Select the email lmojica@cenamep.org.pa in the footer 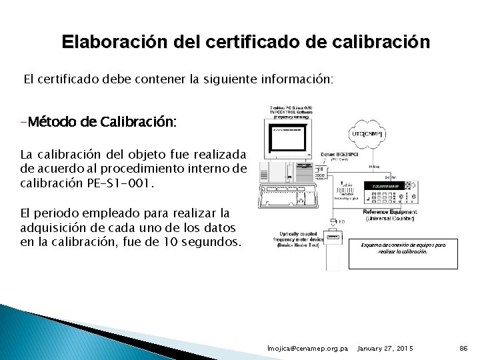click(307, 349)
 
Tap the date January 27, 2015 click(386, 349)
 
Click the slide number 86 click(463, 349)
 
